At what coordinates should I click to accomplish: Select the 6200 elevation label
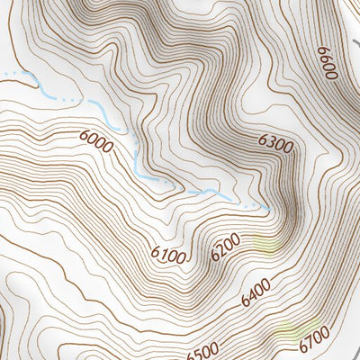tap(225, 247)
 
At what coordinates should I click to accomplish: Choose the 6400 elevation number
tap(256, 294)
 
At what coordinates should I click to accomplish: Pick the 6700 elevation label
tap(316, 341)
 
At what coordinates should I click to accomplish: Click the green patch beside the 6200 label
tap(266, 243)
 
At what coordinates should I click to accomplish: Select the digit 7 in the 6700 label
tap(311, 343)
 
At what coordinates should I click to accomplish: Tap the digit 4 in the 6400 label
tap(251, 297)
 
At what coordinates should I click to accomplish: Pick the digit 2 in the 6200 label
tap(221, 250)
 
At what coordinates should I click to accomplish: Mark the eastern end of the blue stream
tap(268, 209)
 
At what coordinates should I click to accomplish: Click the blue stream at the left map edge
tap(3, 72)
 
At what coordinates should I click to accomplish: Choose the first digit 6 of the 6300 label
tap(264, 141)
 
